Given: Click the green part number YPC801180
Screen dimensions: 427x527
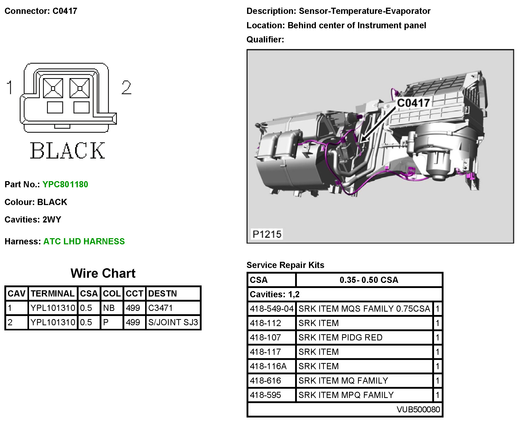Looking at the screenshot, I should tap(65, 184).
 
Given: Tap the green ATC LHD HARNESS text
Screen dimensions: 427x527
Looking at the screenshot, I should tap(84, 242).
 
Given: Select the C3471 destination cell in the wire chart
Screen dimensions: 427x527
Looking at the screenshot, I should tap(161, 308).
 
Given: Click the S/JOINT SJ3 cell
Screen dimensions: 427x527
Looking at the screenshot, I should tap(173, 322).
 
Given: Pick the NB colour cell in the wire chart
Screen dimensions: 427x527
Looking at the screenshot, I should tap(109, 308).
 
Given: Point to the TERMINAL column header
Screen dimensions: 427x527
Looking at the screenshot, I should tap(53, 293).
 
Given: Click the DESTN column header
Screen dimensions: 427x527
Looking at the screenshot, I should tap(163, 293).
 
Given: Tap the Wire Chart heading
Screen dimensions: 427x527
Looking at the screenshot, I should tap(103, 273).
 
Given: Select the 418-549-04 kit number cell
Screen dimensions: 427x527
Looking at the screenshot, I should tap(272, 309).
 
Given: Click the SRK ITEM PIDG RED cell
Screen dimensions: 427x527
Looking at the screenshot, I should tap(340, 337).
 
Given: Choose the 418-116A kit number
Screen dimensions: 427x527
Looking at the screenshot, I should tap(268, 366).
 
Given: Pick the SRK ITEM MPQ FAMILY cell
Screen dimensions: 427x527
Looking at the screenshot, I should tap(346, 395).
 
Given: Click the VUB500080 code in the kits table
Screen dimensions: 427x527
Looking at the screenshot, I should tap(418, 409).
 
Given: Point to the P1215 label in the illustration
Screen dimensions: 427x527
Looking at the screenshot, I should tap(267, 234).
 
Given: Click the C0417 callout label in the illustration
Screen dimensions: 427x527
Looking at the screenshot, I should tap(413, 103).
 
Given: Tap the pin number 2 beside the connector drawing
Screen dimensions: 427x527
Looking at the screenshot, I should tap(126, 88).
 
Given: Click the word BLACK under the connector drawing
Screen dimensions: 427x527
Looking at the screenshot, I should tap(68, 151).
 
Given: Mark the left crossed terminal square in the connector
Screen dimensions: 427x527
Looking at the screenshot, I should tap(53, 88).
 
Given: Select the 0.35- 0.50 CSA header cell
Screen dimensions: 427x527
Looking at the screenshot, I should tap(369, 280).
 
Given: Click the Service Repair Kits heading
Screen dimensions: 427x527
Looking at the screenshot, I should tap(285, 265).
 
